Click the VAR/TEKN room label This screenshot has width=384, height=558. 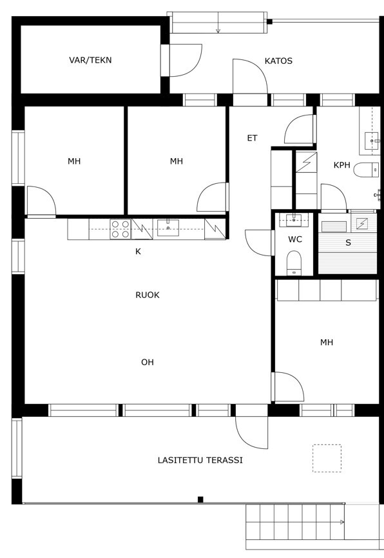tap(90, 60)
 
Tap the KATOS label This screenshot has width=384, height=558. tap(278, 61)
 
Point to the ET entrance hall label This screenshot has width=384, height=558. tap(252, 138)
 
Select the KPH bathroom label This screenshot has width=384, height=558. tap(341, 165)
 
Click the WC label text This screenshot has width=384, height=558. tap(294, 239)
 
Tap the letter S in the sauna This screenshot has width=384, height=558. tap(348, 243)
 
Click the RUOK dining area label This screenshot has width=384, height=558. tap(147, 295)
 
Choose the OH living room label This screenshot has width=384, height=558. tap(147, 363)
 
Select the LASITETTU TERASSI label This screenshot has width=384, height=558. tap(200, 460)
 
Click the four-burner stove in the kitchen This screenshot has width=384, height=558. tap(120, 229)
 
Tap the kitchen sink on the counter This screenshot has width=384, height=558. tap(168, 228)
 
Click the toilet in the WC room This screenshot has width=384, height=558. tap(294, 263)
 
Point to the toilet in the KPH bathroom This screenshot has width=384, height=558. tap(366, 170)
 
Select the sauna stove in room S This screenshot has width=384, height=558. tap(361, 224)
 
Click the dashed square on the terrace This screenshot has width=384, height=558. tap(327, 458)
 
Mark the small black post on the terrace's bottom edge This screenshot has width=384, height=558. tap(200, 499)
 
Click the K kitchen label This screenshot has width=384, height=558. tap(138, 252)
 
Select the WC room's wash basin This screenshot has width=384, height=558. tap(294, 220)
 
